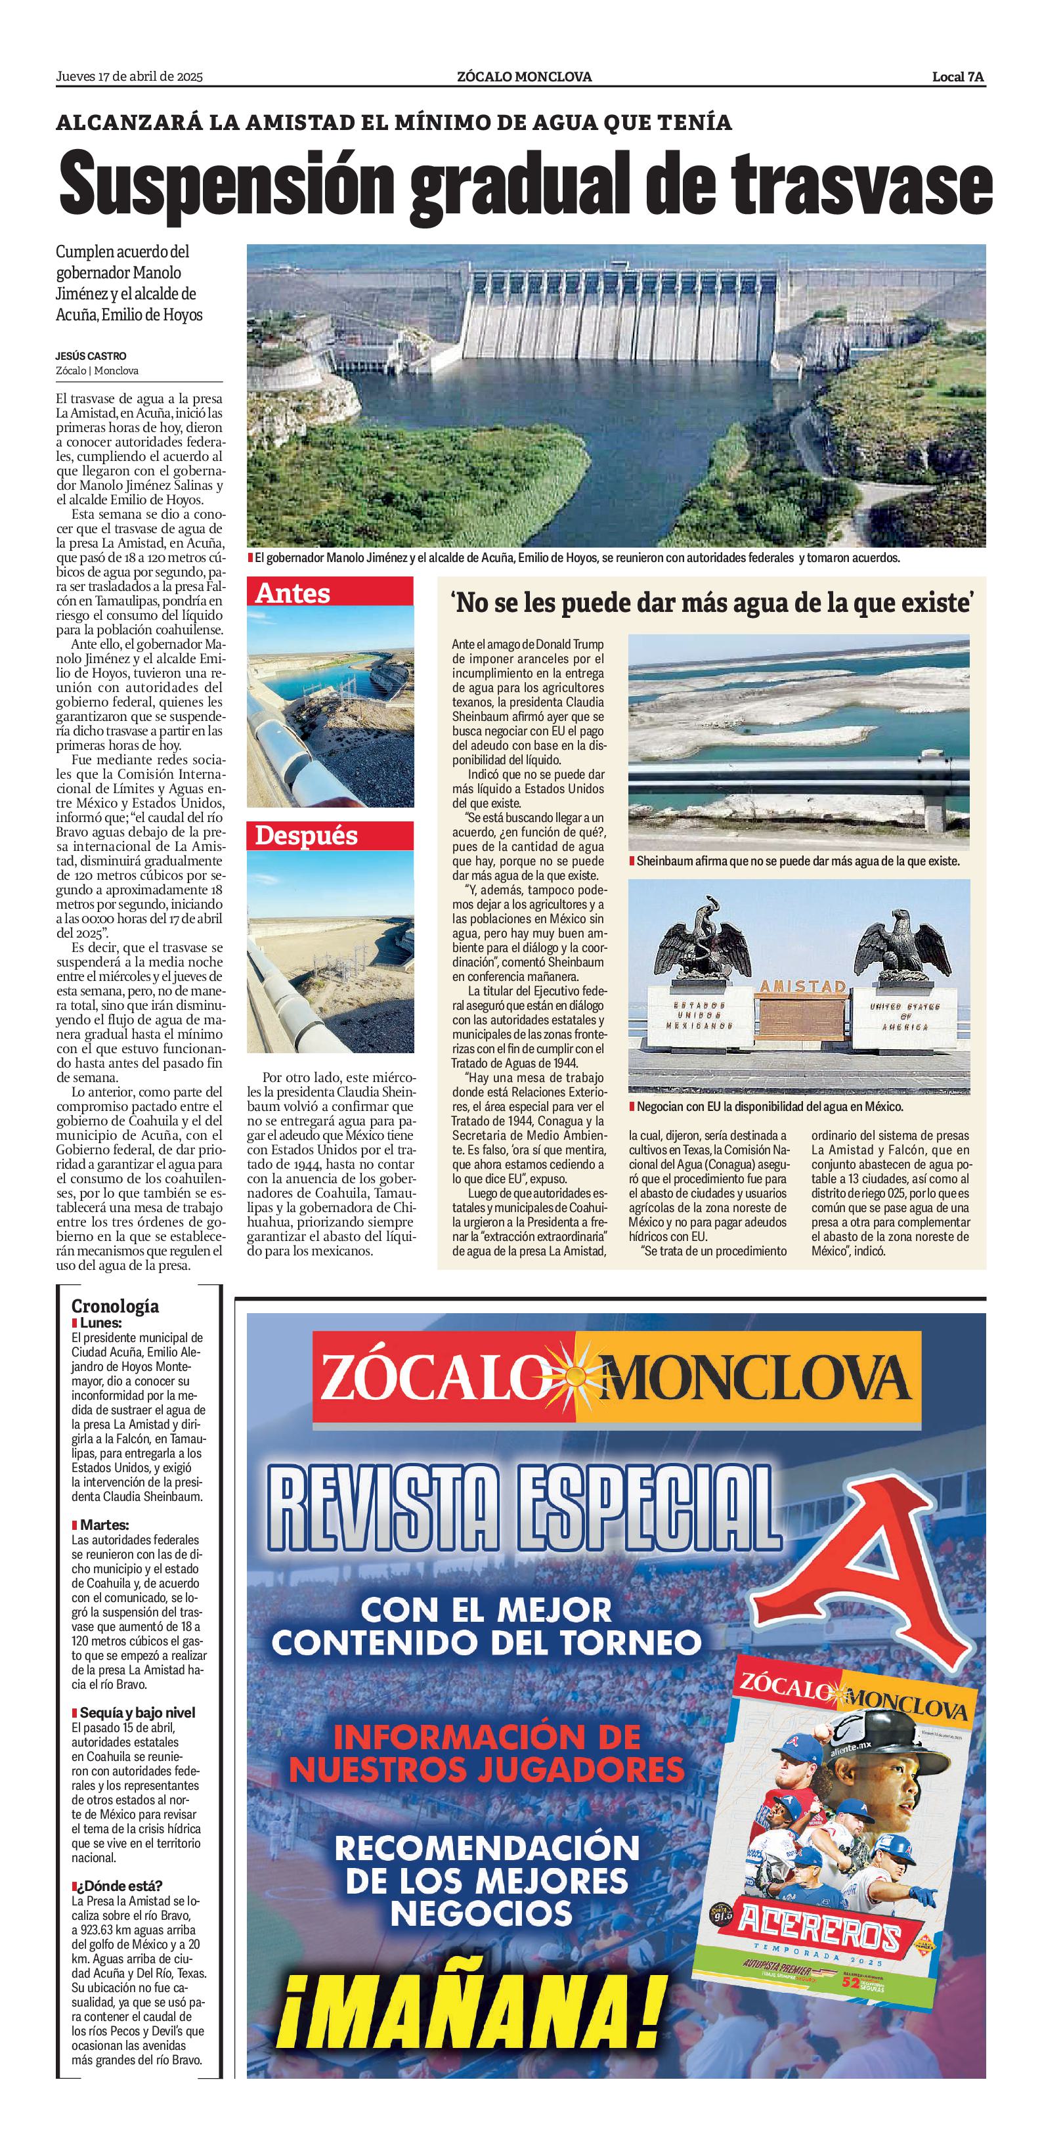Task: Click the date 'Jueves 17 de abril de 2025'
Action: [129, 77]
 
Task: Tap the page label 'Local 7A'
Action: [959, 77]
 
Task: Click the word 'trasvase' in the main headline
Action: [861, 185]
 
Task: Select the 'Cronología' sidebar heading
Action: [115, 1306]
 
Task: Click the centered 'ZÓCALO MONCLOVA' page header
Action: [525, 77]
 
